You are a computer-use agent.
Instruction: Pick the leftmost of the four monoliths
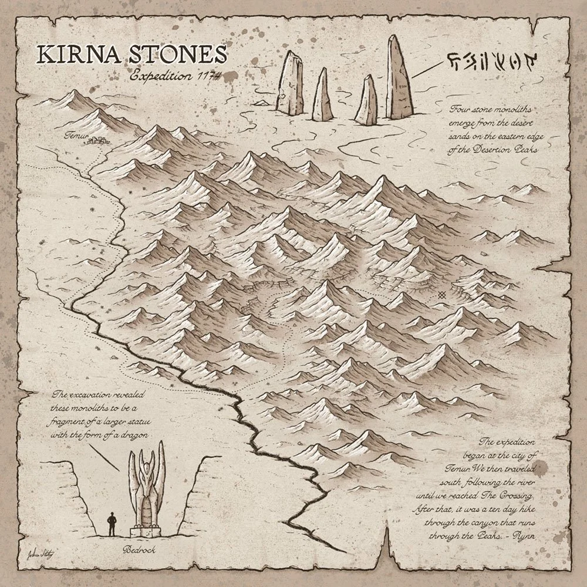click(290, 82)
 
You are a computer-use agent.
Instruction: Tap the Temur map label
click(77, 137)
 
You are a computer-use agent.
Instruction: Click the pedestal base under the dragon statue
click(143, 530)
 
